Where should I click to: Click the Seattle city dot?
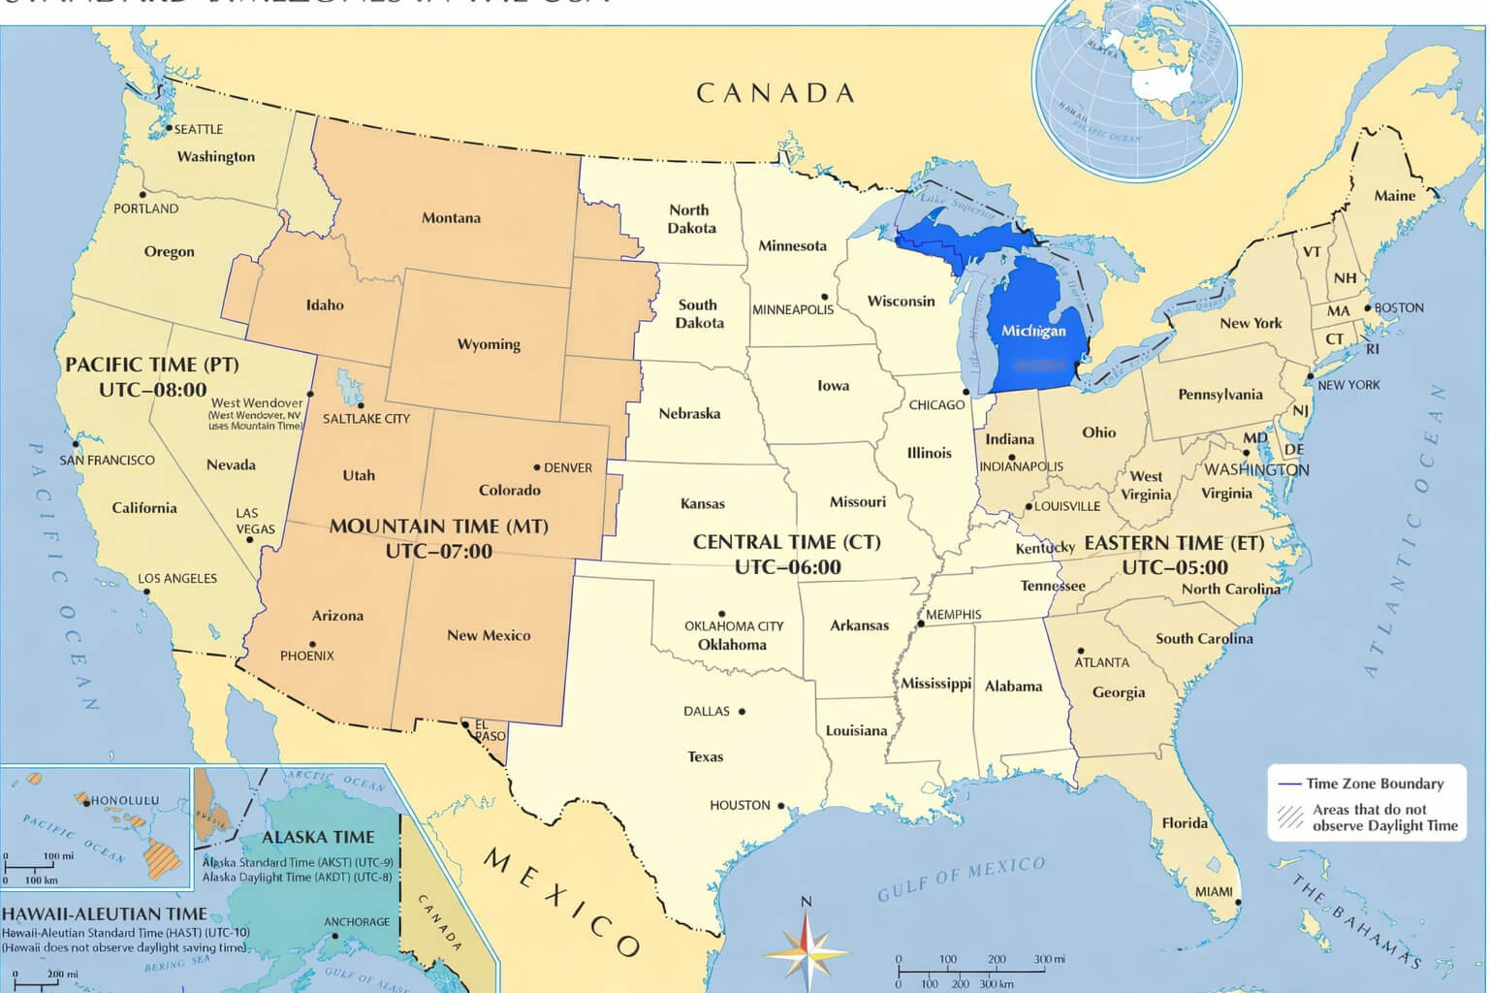tap(168, 128)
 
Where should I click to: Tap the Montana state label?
tap(451, 218)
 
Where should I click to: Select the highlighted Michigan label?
tap(1032, 331)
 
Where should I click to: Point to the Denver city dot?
tap(537, 467)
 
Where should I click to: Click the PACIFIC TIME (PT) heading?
tap(151, 366)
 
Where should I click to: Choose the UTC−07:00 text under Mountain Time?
tap(438, 552)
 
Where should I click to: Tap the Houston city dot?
tap(780, 805)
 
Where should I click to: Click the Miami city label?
tap(1214, 891)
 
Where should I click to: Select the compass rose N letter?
tap(805, 903)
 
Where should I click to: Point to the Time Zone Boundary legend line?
tap(1289, 784)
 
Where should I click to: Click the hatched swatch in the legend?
tap(1290, 817)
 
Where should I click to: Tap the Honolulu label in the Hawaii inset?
tap(124, 801)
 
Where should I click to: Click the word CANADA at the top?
tap(776, 93)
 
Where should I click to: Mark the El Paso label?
tap(490, 730)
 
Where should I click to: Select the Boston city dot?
tap(1368, 308)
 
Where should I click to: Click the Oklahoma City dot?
tap(721, 614)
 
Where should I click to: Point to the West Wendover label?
tap(257, 403)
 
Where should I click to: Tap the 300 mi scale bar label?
tap(1049, 959)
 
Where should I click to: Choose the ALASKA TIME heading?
tap(318, 837)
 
